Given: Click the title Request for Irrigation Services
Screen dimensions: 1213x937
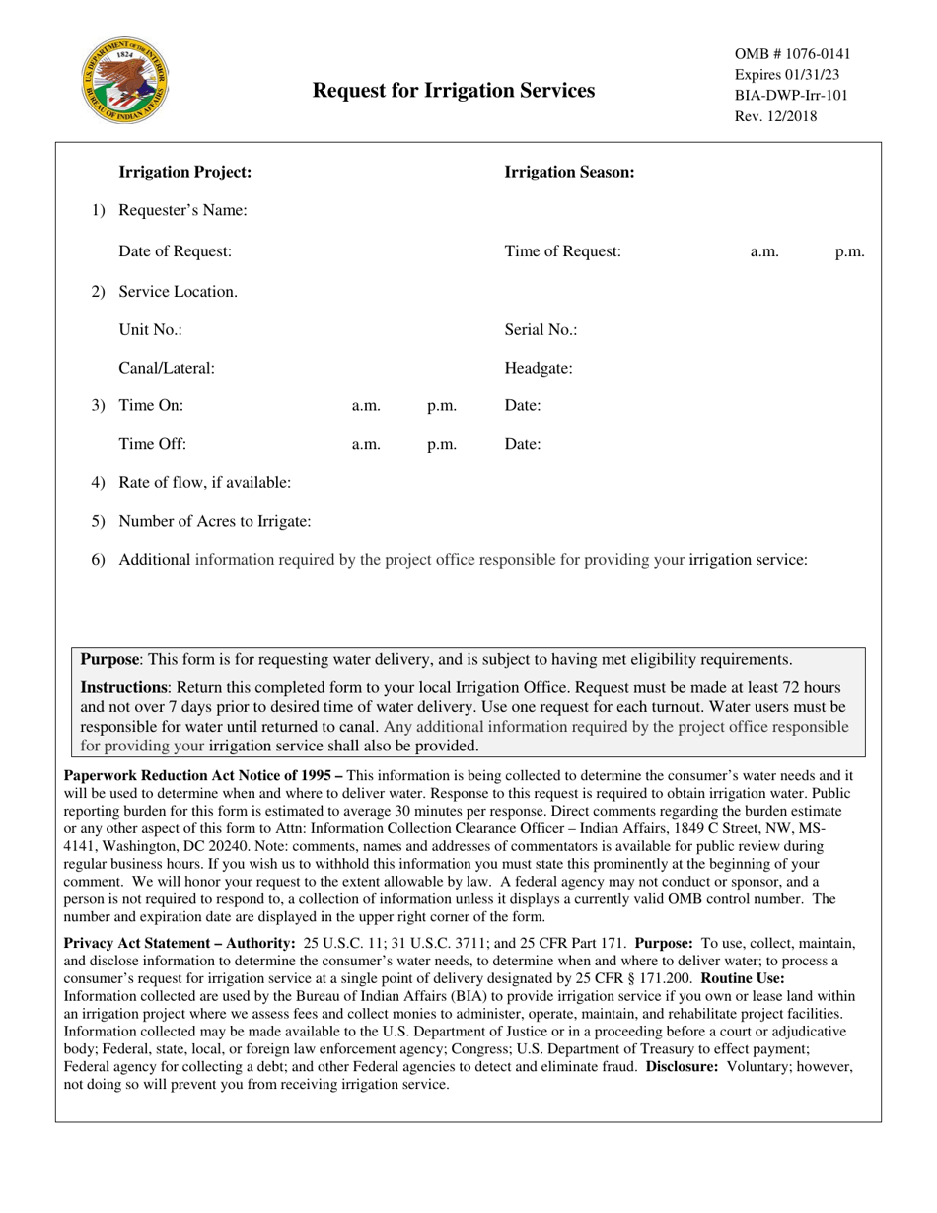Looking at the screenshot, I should click(454, 91).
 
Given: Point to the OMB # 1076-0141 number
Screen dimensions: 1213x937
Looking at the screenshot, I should click(792, 54).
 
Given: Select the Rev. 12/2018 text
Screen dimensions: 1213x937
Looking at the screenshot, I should click(775, 116).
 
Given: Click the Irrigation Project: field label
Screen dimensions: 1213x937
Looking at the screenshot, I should click(185, 172).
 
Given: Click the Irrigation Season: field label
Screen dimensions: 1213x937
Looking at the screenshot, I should click(569, 172).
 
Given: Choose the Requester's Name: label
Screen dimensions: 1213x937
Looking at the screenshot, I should click(182, 210).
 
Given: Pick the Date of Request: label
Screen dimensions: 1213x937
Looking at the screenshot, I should click(175, 251).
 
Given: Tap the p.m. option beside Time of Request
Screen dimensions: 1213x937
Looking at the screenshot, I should click(849, 251).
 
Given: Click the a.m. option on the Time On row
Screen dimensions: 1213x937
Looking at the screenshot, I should click(366, 405).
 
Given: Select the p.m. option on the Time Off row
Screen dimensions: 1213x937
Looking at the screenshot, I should click(441, 444).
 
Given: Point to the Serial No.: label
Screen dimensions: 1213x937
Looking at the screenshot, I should click(541, 330).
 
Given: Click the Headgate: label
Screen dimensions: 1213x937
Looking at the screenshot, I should click(539, 369).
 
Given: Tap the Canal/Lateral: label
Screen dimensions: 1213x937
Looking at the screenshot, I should click(167, 369).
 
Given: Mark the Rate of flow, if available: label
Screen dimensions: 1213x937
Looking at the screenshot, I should click(204, 482).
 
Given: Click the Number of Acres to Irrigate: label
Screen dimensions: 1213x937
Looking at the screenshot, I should click(215, 521).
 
